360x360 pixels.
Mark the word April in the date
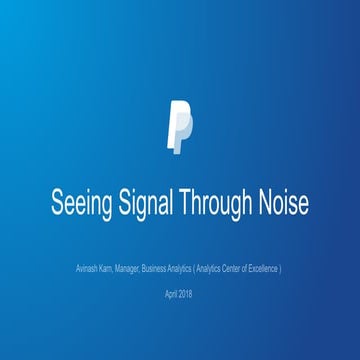click(172, 295)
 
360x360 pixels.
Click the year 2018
click(187, 295)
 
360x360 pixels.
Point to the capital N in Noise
click(265, 202)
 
